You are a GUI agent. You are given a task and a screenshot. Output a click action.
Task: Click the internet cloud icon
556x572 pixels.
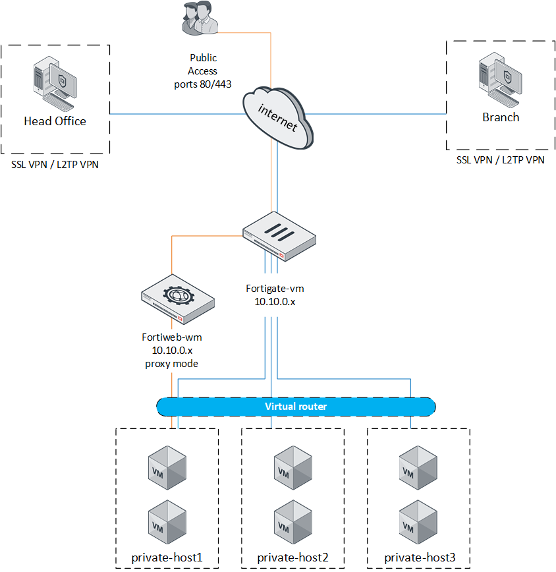coord(277,119)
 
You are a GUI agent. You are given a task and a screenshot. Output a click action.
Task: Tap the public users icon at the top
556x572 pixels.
coord(199,18)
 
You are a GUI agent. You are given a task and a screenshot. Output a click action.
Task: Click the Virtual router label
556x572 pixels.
coord(295,407)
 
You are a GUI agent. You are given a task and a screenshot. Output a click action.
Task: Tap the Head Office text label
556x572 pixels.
coord(55,121)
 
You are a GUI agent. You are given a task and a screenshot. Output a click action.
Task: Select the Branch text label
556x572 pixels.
coord(501,117)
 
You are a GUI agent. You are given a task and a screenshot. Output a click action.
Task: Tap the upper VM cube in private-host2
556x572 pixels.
coord(293,467)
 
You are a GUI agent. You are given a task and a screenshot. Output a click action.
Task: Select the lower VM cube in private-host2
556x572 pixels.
coord(293,521)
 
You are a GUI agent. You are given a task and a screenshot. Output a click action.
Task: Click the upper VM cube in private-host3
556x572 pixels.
coord(418,467)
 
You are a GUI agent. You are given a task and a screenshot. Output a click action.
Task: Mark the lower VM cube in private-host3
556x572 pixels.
coord(418,521)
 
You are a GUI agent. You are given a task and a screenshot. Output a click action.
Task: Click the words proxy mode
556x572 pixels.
coord(172,364)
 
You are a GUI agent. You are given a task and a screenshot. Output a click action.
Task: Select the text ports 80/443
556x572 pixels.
coord(203,84)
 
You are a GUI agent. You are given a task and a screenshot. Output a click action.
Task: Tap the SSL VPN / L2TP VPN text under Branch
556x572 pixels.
coord(501,160)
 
